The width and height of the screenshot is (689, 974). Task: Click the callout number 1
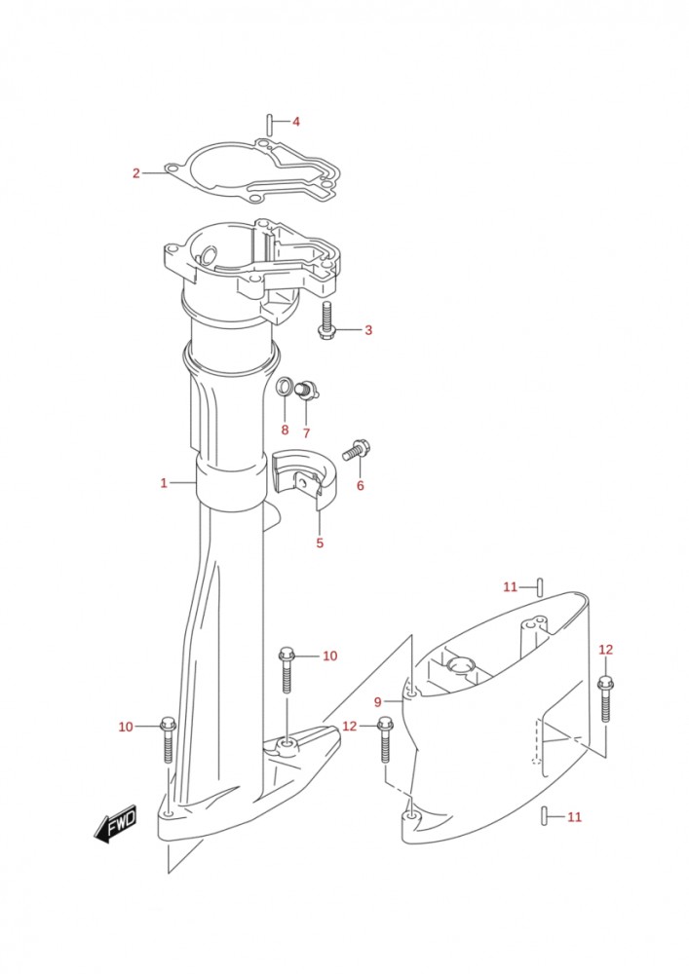point(165,482)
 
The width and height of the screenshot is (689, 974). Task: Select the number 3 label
point(368,330)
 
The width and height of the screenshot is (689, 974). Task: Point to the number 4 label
point(295,122)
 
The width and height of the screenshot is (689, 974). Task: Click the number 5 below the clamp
point(320,543)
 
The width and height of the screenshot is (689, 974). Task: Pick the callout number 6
point(360,485)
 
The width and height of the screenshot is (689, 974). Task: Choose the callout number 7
point(305,432)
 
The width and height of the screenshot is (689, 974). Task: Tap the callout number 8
point(285,430)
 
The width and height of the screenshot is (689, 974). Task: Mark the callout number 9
point(377,702)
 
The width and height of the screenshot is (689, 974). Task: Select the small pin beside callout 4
point(268,123)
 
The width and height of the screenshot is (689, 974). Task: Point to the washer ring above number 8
point(285,387)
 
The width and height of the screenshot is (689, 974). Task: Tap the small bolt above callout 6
point(356,450)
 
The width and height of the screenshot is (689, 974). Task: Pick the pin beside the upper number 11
point(539,586)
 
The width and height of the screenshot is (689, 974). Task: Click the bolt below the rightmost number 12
point(605,699)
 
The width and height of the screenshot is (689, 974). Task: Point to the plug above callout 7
point(305,391)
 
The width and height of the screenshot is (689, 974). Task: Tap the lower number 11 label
point(574,816)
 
